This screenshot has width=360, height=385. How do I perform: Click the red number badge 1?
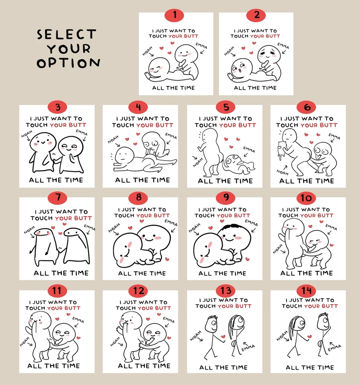pyautogui.click(x=174, y=15)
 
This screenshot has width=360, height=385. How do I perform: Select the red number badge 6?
pyautogui.click(x=306, y=107)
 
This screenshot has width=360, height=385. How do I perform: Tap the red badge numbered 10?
pyautogui.click(x=306, y=198)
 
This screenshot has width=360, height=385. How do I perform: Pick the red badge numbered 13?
pyautogui.click(x=225, y=291)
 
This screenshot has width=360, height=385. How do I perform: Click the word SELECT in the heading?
pyautogui.click(x=66, y=34)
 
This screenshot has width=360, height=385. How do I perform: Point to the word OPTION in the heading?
pyautogui.click(x=68, y=63)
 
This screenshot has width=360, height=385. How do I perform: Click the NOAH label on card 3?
pyautogui.click(x=27, y=134)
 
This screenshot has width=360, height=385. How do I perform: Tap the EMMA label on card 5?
pyautogui.click(x=249, y=149)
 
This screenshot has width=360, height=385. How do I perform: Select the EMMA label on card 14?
pyautogui.click(x=335, y=348)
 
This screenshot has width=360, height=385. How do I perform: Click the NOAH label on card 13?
pyautogui.click(x=195, y=335)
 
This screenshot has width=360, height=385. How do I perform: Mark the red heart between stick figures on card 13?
pyautogui.click(x=223, y=336)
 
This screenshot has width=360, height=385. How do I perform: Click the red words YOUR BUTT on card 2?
pyautogui.click(x=265, y=36)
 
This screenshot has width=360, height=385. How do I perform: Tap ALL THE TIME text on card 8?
pyautogui.click(x=142, y=273)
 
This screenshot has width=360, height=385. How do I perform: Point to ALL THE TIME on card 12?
pyautogui.click(x=144, y=366)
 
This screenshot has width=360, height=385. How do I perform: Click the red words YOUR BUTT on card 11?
pyautogui.click(x=64, y=308)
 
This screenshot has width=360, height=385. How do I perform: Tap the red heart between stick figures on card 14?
pyautogui.click(x=310, y=336)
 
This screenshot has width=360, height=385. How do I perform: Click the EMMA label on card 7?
pyautogui.click(x=89, y=228)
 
